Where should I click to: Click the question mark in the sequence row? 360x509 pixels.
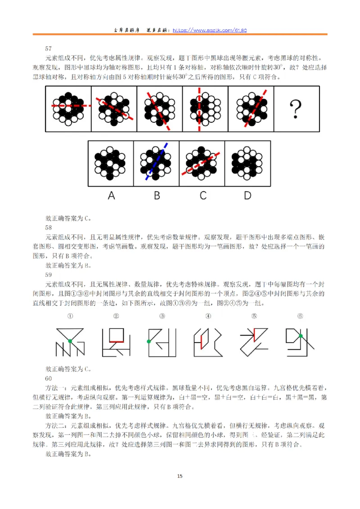(x=296, y=109)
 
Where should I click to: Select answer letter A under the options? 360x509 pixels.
(x=111, y=196)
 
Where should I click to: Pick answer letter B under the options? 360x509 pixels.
(x=157, y=196)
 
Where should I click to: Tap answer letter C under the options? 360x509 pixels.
(x=202, y=196)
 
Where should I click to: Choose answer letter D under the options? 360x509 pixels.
(x=247, y=196)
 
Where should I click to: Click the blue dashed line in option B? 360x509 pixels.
(x=157, y=162)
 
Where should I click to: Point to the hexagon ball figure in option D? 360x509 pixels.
(x=247, y=163)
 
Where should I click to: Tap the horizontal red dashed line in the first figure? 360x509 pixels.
(x=68, y=106)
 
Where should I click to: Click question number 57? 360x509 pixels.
(x=49, y=48)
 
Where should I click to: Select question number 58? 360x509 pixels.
(x=49, y=227)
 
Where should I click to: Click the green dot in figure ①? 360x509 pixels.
(x=70, y=342)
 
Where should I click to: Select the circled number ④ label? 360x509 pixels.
(x=208, y=316)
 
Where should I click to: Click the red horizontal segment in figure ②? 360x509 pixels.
(x=117, y=341)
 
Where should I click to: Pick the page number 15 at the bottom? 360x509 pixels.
(x=180, y=477)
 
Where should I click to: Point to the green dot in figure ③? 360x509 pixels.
(x=148, y=342)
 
